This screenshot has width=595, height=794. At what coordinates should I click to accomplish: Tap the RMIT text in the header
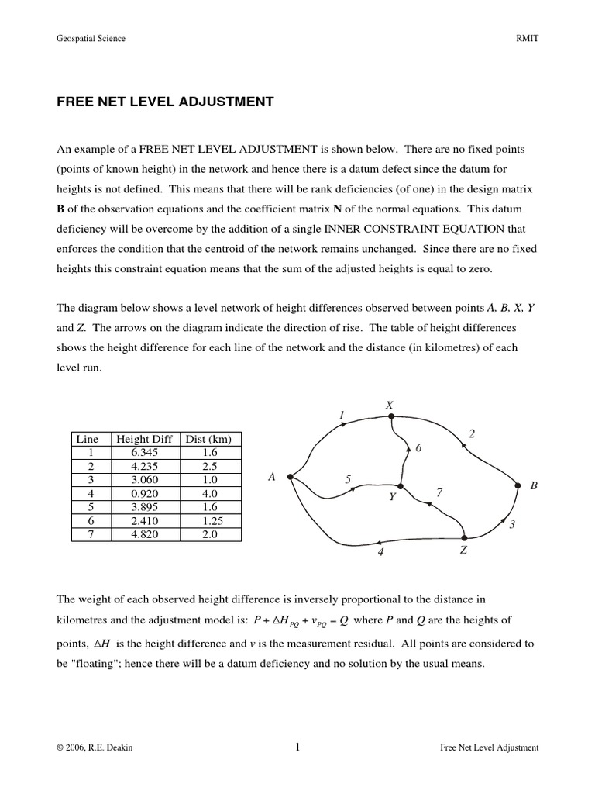pos(527,38)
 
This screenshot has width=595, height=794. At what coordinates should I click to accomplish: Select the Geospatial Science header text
pos(91,38)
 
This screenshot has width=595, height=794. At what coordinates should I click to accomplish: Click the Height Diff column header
pos(144,439)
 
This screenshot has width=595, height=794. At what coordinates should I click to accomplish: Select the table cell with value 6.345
pos(144,453)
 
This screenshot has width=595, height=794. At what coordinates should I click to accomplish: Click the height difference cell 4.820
pos(144,533)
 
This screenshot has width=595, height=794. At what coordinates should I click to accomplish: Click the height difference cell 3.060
pos(144,480)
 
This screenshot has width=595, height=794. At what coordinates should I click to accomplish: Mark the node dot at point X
pos(391,416)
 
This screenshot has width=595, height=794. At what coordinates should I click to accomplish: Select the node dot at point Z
pos(463,537)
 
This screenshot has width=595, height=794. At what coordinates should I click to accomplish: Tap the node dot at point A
pos(289,477)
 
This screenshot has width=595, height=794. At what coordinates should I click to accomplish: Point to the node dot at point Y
pos(400,486)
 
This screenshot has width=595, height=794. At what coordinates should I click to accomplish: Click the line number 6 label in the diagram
pos(419,449)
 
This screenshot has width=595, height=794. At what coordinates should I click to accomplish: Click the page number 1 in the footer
pos(297,747)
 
